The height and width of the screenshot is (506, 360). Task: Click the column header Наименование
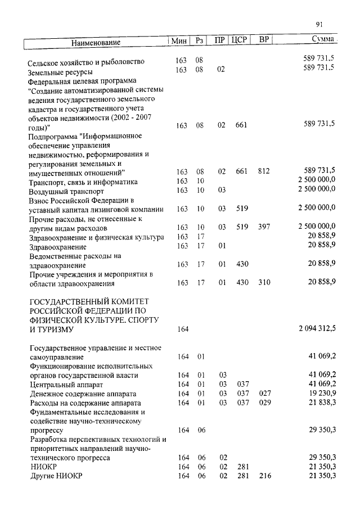click(96, 43)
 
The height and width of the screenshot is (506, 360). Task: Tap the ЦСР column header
click(240, 40)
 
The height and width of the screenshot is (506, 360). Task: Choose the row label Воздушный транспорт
click(66, 191)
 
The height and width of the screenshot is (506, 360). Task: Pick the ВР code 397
click(264, 227)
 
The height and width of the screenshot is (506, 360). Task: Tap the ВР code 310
click(264, 282)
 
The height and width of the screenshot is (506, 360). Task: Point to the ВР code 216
click(264, 476)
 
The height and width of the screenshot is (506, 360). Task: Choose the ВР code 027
click(264, 394)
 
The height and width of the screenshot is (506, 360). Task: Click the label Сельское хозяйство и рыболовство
click(87, 62)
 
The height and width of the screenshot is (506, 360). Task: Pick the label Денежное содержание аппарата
click(83, 394)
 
